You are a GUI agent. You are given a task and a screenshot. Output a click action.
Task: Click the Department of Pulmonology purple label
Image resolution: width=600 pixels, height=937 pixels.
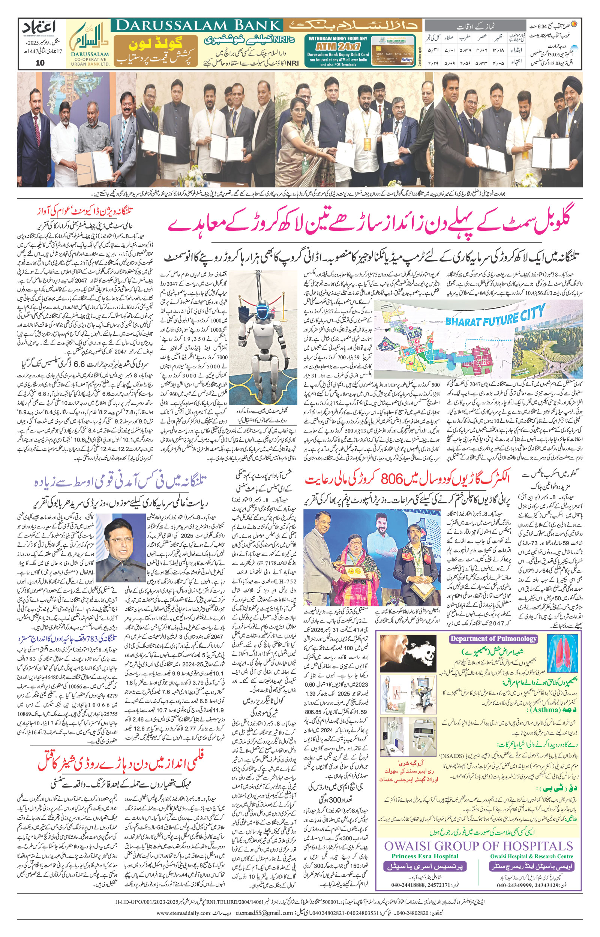pos(493,639)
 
